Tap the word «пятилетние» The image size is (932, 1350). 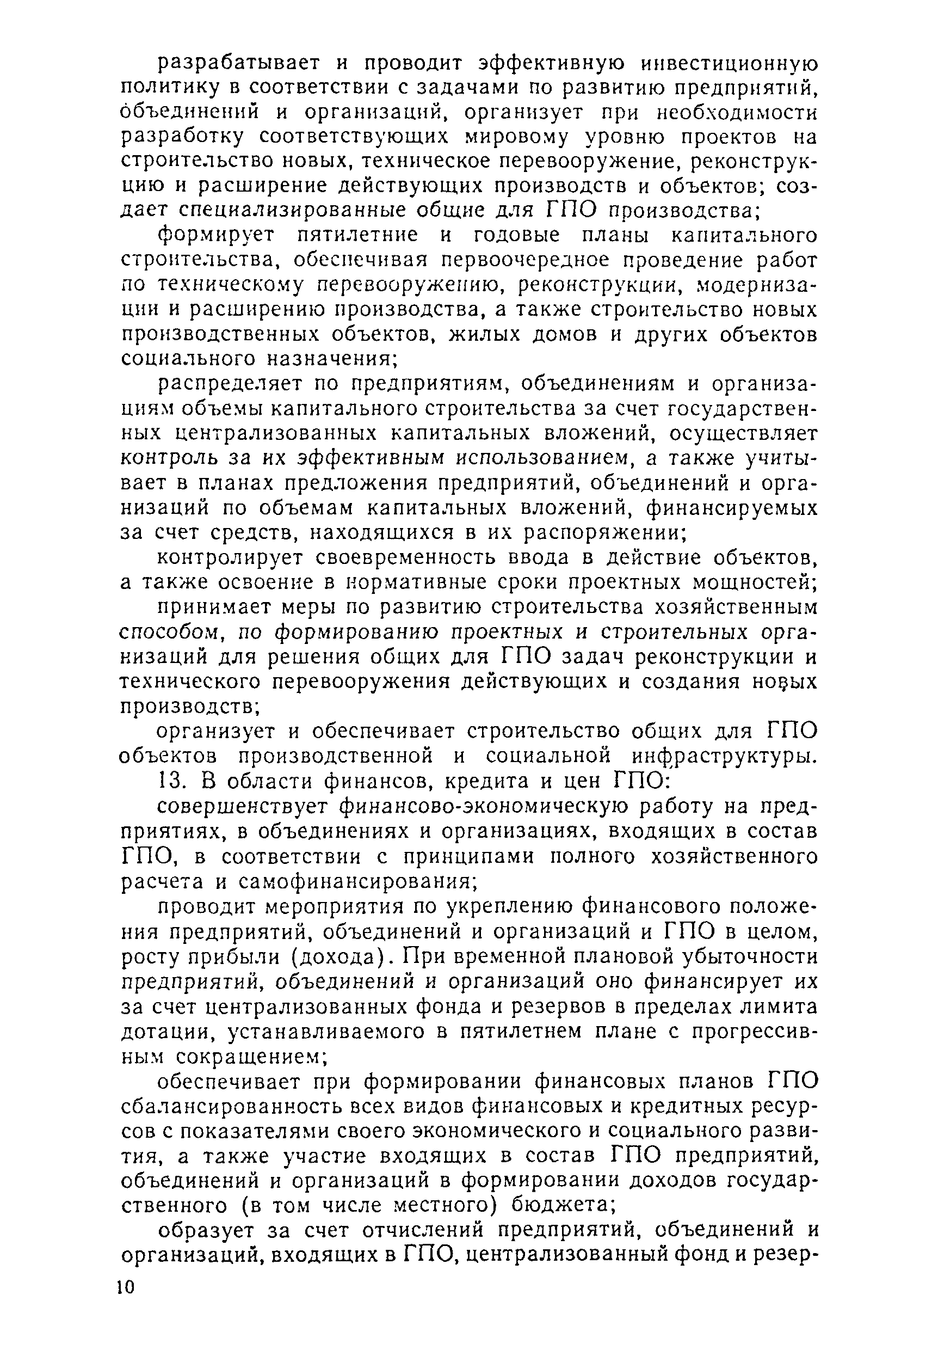357,235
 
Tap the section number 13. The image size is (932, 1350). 170,781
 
